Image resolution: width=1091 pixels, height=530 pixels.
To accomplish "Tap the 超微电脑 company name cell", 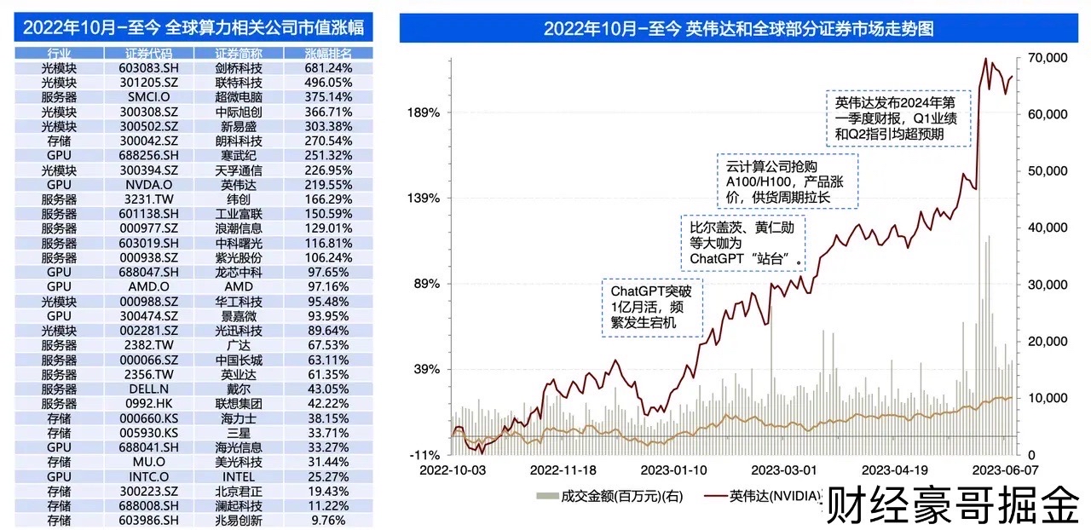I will (x=239, y=96).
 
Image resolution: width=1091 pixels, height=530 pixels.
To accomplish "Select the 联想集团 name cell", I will (x=239, y=403).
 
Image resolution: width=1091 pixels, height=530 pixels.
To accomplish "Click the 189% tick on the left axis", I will (x=423, y=112).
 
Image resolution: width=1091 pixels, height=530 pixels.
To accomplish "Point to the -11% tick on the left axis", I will (x=423, y=455).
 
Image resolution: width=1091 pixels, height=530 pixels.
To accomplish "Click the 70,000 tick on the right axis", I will (x=1048, y=58).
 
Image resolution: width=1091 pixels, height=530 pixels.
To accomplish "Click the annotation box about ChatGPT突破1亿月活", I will (x=652, y=308).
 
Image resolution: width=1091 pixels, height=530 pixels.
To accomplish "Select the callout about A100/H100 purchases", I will (x=786, y=180).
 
